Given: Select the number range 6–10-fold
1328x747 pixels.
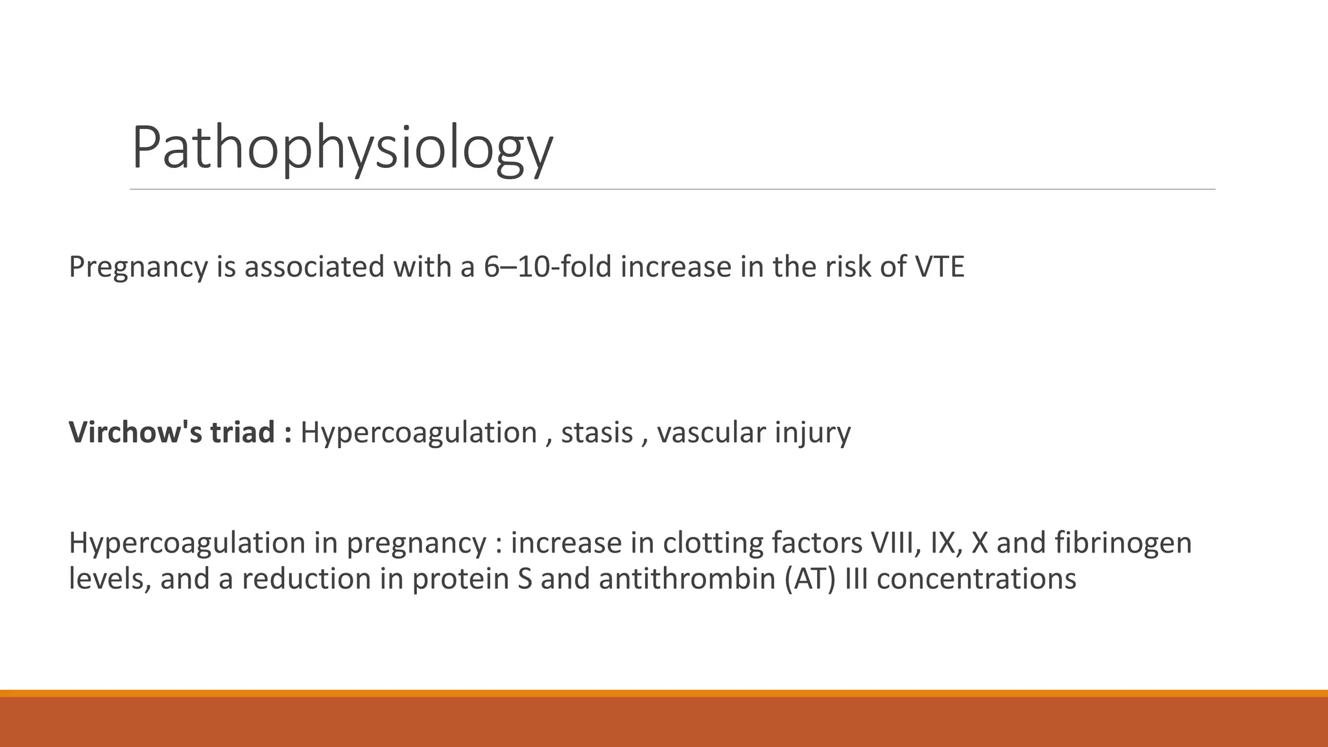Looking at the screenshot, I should pos(547,267).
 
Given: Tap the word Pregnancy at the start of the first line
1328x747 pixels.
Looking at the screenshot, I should pos(137,267).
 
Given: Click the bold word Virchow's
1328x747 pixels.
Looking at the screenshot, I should pos(134,433).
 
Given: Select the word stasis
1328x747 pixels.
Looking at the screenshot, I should pos(597,433).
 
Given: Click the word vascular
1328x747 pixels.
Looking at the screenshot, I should pos(711,433).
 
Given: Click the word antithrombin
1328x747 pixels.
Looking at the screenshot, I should pos(687,578).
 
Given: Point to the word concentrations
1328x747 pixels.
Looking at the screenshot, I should pos(976,578).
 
